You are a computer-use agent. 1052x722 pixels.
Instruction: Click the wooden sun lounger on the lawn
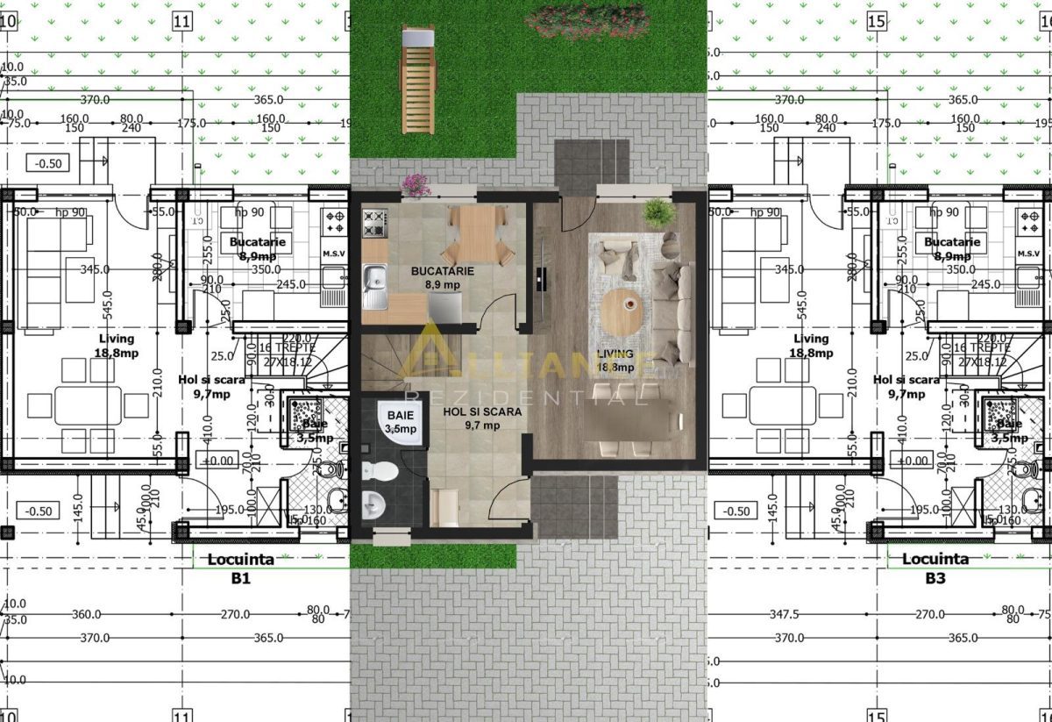tap(417, 80)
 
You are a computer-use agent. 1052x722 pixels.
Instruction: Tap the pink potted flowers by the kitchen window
tap(416, 184)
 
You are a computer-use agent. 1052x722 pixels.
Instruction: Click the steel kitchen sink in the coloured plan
tap(374, 286)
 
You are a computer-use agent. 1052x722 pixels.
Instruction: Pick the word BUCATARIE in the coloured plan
tap(443, 271)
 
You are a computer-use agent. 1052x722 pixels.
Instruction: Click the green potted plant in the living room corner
tap(656, 212)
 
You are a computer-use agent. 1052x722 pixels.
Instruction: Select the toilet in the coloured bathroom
tap(379, 472)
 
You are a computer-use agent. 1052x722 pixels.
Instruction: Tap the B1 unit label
tap(241, 579)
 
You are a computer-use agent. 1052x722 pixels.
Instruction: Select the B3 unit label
tap(935, 579)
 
